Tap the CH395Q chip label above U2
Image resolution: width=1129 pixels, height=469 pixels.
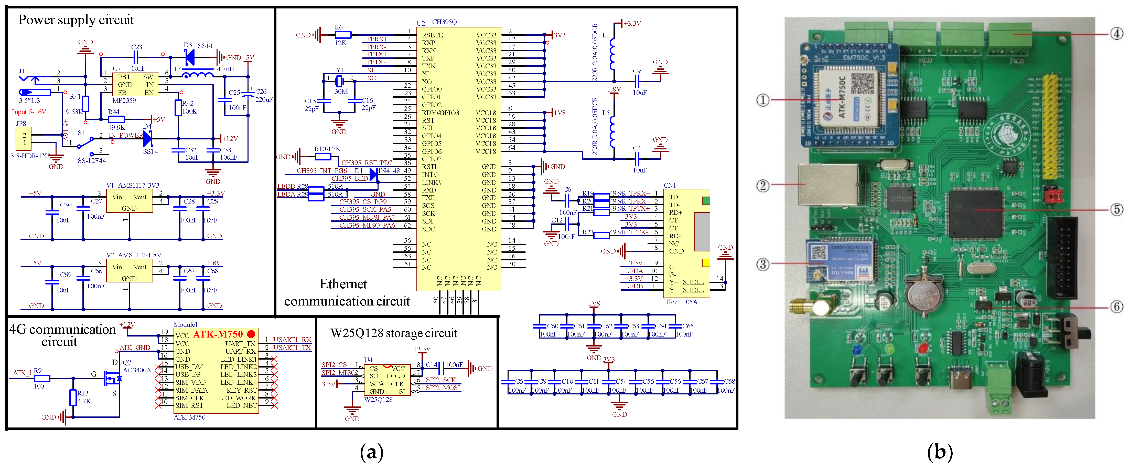[x=444, y=22]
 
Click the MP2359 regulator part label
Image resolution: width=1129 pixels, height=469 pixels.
[x=124, y=100]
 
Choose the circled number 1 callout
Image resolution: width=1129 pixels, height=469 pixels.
[x=762, y=100]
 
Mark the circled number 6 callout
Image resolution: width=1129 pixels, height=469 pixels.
[x=1116, y=307]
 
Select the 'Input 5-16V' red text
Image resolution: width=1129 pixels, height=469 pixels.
[x=29, y=112]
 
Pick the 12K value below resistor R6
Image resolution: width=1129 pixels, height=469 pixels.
[x=340, y=43]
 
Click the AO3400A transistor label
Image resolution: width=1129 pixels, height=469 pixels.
[x=137, y=370]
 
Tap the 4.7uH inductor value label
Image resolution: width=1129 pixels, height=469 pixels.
[x=225, y=69]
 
